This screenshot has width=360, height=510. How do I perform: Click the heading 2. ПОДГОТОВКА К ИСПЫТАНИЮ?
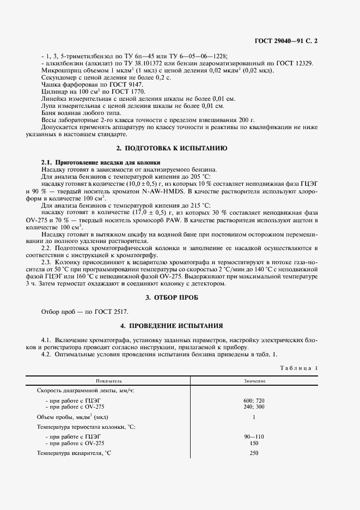coord(172,148)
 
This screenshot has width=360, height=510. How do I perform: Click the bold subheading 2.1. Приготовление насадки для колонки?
coord(101,162)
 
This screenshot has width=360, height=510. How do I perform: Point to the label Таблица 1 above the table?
coord(298,368)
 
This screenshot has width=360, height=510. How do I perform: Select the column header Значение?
coord(254,381)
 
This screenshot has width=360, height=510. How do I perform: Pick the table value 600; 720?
coord(254,400)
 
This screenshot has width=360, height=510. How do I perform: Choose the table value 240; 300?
coord(254,407)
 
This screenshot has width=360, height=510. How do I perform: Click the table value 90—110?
coord(254,436)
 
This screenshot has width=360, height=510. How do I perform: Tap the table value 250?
coord(254,453)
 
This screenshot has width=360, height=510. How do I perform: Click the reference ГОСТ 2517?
coord(113,312)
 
